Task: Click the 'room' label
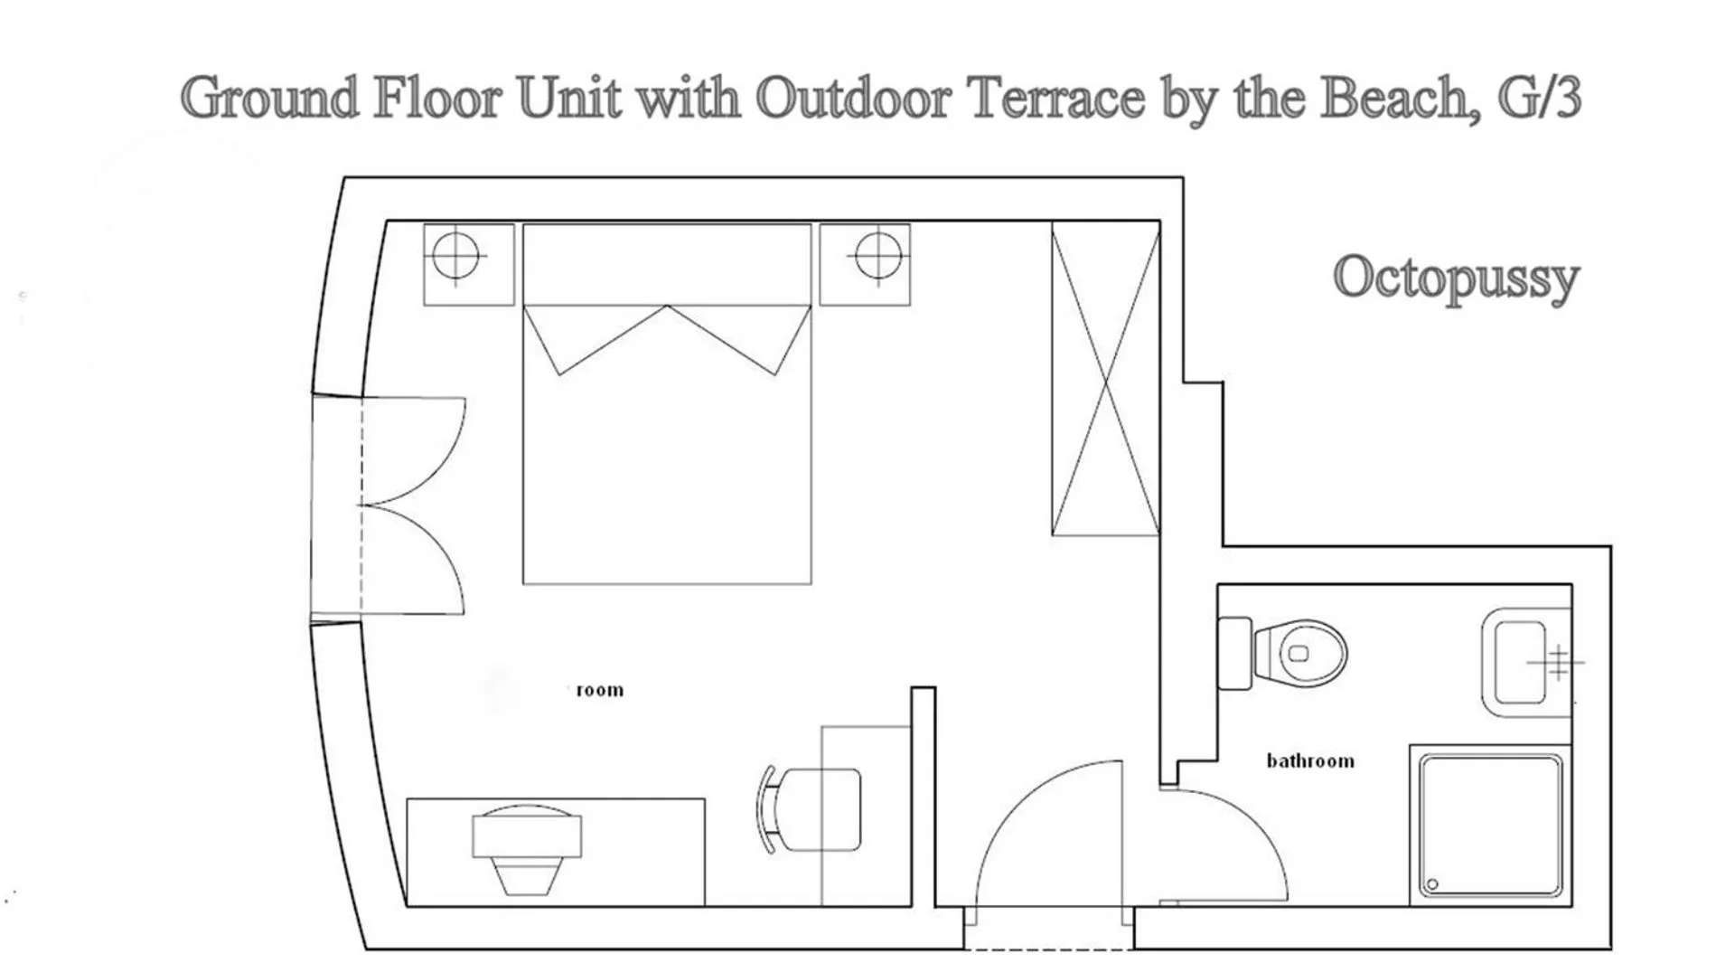pyautogui.click(x=599, y=690)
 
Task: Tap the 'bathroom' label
pyautogui.click(x=1310, y=761)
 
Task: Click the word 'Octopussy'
pyautogui.click(x=1456, y=278)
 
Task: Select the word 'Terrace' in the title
pyautogui.click(x=1056, y=97)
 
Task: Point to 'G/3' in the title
pyautogui.click(x=1539, y=97)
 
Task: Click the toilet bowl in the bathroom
pyautogui.click(x=1302, y=653)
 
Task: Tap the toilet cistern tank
pyautogui.click(x=1234, y=653)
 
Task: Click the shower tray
pyautogui.click(x=1490, y=825)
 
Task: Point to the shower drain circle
pyautogui.click(x=1432, y=883)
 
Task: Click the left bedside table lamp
pyautogui.click(x=455, y=255)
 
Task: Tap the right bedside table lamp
pyautogui.click(x=877, y=255)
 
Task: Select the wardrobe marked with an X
pyautogui.click(x=1105, y=380)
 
